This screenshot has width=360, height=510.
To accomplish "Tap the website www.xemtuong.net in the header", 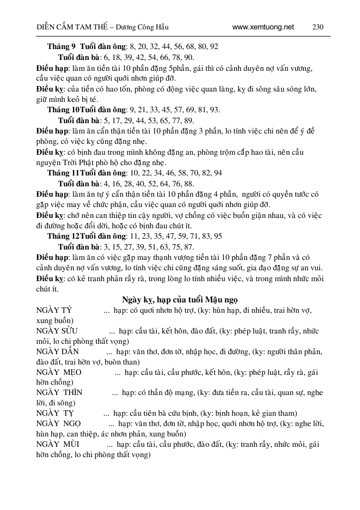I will [263, 27].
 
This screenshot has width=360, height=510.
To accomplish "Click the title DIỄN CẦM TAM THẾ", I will [64, 27].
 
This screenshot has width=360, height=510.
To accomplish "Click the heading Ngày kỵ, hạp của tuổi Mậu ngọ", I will [179, 300].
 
